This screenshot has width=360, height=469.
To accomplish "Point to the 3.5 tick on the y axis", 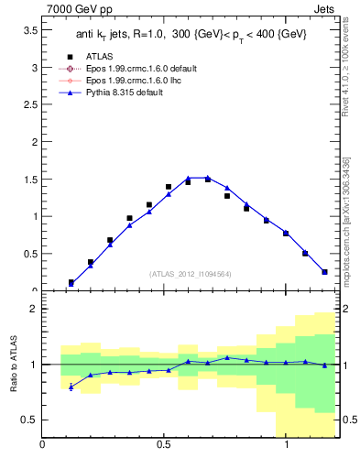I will [28, 30].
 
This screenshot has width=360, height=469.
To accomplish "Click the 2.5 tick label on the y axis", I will [28, 105].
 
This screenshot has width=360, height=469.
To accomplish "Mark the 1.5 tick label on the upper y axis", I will [28, 180].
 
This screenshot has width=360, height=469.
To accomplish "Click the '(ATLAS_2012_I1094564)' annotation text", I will [189, 273].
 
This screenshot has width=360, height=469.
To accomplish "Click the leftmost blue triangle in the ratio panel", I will [71, 387].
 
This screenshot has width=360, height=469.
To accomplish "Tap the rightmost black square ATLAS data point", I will [324, 271].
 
